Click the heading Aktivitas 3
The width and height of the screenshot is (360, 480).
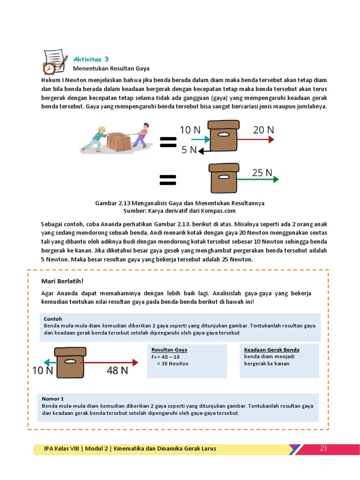coord(91,59)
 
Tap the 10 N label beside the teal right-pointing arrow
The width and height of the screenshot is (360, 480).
coord(190,130)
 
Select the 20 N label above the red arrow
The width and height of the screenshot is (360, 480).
coord(263,130)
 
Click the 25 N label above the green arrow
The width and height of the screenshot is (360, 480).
coord(262,172)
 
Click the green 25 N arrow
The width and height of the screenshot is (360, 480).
coord(256,179)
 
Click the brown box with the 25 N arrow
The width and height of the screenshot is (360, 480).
coord(222,178)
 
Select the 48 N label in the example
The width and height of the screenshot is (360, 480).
coord(117,371)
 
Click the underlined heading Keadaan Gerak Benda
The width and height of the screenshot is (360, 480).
coord(271,350)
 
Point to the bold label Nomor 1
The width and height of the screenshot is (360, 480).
coord(53,398)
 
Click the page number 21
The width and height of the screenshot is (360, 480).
coord(323,449)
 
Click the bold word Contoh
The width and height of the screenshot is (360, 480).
coord(53,319)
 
